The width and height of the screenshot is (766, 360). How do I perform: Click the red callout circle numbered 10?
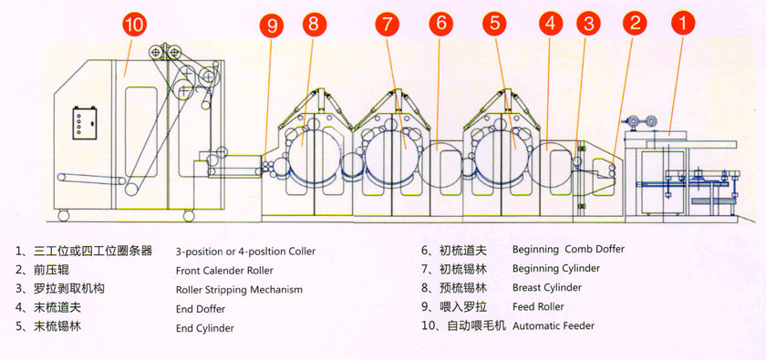coord(133,25)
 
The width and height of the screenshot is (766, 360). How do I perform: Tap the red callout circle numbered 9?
coord(272,26)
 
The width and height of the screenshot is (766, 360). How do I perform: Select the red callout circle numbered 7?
coord(388,24)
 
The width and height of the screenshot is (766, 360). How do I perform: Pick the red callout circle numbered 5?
coord(495,24)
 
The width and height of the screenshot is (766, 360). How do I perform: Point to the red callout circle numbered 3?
coord(589,23)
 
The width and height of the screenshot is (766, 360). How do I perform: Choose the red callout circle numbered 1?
coord(683,23)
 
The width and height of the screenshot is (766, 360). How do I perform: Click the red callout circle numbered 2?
coord(635,23)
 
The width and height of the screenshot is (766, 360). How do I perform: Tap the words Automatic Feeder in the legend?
coord(554,325)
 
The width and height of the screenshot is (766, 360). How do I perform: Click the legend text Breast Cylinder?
coord(547,287)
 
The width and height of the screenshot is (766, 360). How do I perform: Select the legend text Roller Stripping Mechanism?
coord(239,290)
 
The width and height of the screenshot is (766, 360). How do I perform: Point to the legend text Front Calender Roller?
coord(224,270)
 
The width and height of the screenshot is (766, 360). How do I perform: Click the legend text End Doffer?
coord(201,309)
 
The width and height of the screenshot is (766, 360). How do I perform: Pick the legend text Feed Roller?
coord(538,307)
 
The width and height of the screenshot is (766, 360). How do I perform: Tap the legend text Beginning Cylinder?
coord(556,268)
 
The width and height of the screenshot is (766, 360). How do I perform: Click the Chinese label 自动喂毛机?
coord(477,325)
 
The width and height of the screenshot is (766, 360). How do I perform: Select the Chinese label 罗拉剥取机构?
coord(69,289)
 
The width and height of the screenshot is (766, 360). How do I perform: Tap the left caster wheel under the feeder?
coord(63,215)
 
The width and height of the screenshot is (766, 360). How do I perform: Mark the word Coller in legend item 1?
coord(302,251)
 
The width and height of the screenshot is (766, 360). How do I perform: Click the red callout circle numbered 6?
coord(441,24)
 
